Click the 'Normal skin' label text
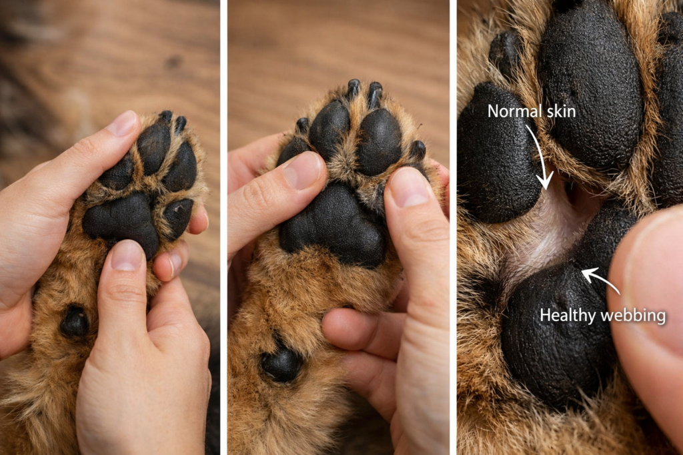click(531, 111)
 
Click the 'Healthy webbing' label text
click(602, 315)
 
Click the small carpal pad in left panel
click(74, 322)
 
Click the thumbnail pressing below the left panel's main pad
click(127, 254)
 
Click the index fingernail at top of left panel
click(122, 124)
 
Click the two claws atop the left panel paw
click(172, 119)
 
